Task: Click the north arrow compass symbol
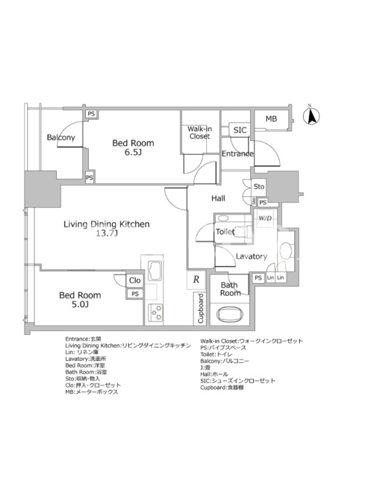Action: coord(311,115)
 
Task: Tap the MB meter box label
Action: coord(271,118)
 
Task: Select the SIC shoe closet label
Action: coord(240,130)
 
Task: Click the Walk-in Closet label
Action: coord(200,132)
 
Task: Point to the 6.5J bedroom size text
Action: coord(133,152)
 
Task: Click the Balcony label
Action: coord(61,137)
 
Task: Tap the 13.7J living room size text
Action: coord(106,233)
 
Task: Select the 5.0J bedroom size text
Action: coord(80,304)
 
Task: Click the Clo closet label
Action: coord(134,281)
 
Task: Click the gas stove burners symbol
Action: coord(155,313)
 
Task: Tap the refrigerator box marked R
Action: coord(196,279)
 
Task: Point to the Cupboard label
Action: coord(201,309)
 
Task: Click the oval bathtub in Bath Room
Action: coord(230,315)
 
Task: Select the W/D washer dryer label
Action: coord(265,218)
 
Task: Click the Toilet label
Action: coord(225,231)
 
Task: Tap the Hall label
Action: coord(218,199)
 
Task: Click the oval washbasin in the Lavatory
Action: coord(286,249)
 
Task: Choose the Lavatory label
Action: coord(251,256)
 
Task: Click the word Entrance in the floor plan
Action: coord(237,154)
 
